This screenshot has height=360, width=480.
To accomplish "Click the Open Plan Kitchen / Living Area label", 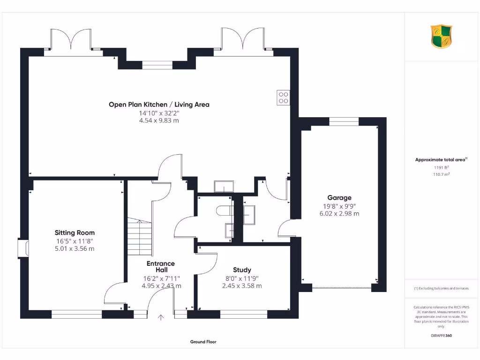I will pos(159,105).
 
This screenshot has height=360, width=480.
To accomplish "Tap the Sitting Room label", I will pos(75,232).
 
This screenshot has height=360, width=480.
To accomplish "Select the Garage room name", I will pos(339,198).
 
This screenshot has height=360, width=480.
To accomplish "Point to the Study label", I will pos(242,270).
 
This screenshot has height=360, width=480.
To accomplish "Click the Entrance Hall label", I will pos(161,267).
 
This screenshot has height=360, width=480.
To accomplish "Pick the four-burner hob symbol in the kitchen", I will pos(284,97).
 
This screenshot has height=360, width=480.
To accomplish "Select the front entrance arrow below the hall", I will pos(161,317).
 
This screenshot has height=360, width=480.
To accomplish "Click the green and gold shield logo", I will pos(442,37).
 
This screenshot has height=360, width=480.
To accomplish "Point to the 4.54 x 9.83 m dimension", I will pos(159,120).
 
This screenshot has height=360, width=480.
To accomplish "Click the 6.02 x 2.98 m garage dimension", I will pos(339,214).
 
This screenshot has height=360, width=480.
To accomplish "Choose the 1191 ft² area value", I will pos(441,167).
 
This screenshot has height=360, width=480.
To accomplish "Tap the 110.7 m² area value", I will pos(441,174).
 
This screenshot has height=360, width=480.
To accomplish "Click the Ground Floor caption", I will pos(203,342).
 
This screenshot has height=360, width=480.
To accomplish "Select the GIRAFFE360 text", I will pos(441,336).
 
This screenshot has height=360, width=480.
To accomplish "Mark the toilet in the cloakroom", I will pos(224,211).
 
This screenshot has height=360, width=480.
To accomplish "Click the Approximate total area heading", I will pos(441,160).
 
